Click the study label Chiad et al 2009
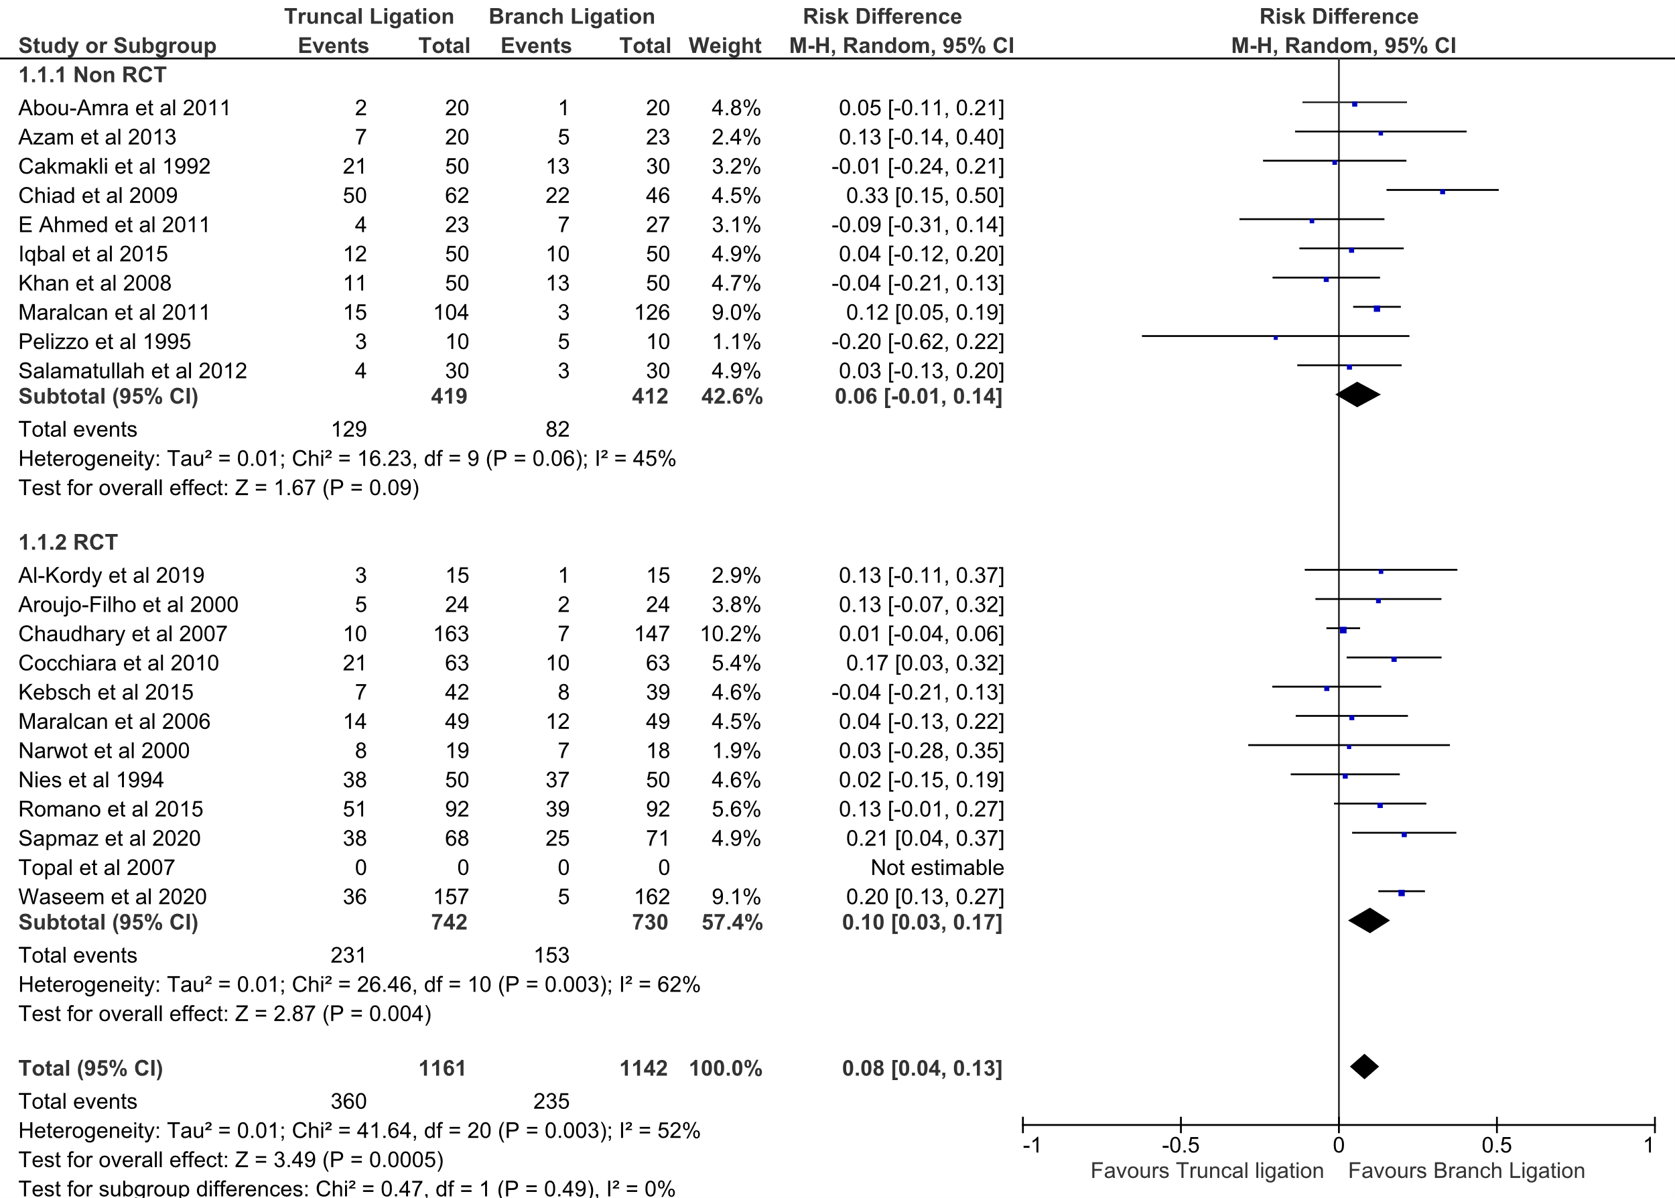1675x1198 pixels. pos(98,196)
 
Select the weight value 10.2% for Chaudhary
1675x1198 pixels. pos(730,634)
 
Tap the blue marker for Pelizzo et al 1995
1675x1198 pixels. pos(1275,338)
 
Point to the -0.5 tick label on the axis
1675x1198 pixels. pos(1180,1146)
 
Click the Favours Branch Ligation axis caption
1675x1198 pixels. pos(1466,1171)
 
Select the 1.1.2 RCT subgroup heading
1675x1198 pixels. pos(68,542)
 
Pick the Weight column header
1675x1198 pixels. pos(724,46)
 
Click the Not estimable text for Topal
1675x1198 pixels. pos(937,868)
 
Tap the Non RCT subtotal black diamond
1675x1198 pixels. pos(1358,395)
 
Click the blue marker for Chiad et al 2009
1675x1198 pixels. pos(1443,192)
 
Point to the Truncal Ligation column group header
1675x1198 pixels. pos(368,16)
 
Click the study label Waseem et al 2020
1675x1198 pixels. pos(112,897)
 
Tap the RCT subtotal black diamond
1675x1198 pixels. pos(1369,921)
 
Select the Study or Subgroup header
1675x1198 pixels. pos(117,46)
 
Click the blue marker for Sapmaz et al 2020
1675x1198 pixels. pos(1404,834)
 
